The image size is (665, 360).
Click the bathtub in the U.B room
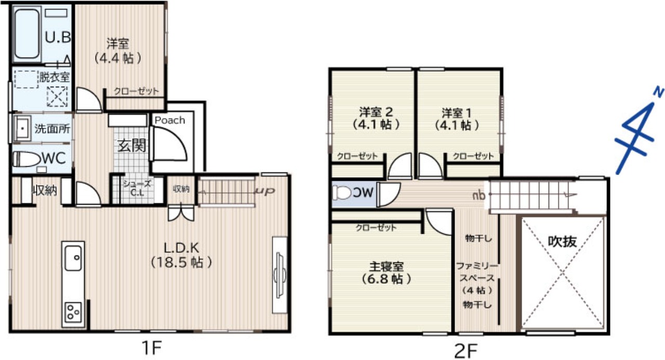point(27,34)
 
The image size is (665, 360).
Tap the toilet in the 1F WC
point(26,159)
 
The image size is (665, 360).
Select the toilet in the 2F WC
point(342,193)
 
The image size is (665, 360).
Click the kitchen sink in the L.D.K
point(73,258)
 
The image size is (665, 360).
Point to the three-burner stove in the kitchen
point(73,311)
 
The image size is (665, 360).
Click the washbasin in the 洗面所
point(22,128)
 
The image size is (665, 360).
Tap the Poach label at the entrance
point(170,120)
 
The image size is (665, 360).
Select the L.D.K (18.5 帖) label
point(181,255)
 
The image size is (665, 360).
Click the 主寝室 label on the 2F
point(386,266)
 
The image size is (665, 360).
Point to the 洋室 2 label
point(376,112)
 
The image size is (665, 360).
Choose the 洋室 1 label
point(457,113)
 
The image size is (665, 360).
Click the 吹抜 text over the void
point(562,241)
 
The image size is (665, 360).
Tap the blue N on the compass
point(659,92)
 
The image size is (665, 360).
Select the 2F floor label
point(466,351)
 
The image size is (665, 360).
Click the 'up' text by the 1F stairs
point(265,191)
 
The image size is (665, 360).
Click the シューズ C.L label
point(137,188)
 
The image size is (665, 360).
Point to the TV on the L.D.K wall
point(279,275)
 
